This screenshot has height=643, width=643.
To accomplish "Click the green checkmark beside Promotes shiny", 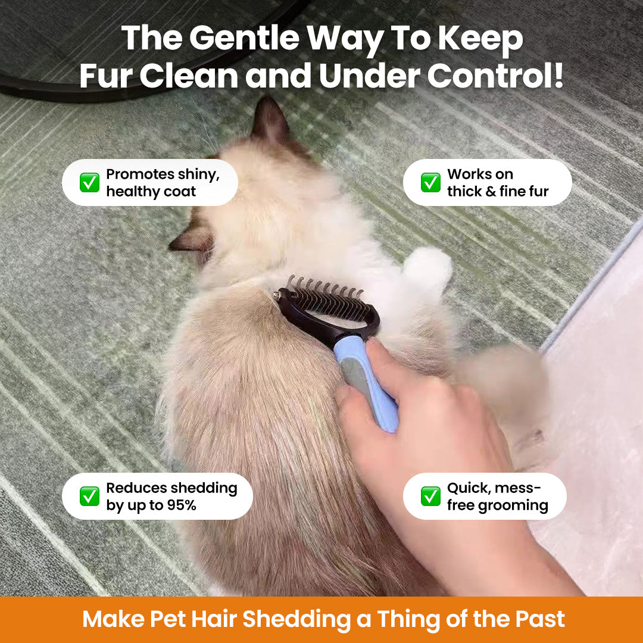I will click(x=90, y=183).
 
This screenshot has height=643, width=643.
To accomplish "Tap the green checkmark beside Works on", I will click(x=430, y=183).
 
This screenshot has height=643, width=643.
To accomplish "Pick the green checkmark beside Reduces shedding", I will click(x=90, y=496).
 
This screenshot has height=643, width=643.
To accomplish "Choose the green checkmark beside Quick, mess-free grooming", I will click(x=430, y=496).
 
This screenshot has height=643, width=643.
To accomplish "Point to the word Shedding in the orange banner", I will click(x=296, y=620).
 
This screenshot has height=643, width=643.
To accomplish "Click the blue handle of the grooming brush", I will click(x=370, y=381).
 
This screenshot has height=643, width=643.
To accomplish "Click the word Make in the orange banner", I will click(x=111, y=620).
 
